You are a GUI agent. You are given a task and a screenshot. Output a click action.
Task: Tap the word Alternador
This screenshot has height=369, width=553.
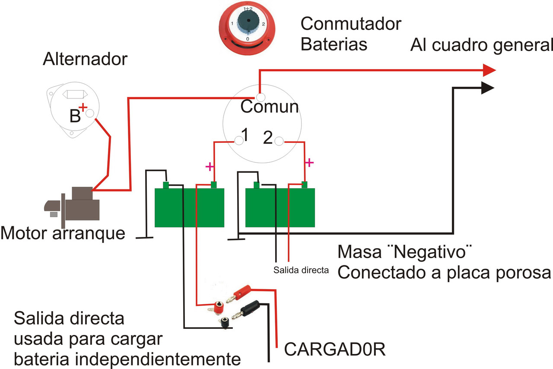[85, 60]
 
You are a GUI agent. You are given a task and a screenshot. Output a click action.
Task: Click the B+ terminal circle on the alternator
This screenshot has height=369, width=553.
[90, 114]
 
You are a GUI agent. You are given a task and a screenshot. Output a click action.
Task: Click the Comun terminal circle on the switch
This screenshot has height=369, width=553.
[260, 96]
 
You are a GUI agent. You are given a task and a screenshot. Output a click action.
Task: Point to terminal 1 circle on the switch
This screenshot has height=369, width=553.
[238, 140]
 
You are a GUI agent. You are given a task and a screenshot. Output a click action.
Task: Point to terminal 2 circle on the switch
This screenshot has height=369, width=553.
[280, 141]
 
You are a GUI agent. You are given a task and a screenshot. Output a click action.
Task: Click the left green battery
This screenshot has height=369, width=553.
[190, 208]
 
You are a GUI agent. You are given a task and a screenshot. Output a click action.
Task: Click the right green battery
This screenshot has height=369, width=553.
[280, 208]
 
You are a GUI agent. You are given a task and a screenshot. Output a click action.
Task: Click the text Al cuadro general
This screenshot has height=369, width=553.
[481, 44]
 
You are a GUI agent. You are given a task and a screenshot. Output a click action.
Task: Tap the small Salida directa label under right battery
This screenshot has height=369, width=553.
[302, 271]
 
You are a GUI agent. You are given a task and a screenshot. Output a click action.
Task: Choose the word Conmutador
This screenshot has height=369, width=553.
[351, 24]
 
